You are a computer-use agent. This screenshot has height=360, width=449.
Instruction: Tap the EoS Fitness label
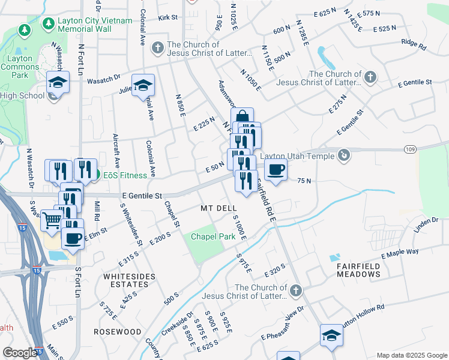(124, 175)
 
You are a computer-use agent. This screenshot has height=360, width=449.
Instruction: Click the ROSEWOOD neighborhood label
(117, 331)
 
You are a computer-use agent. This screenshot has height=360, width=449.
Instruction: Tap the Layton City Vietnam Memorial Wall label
(84, 24)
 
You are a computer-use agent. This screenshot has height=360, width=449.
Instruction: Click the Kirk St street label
(168, 17)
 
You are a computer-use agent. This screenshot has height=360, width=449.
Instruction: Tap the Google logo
(20, 353)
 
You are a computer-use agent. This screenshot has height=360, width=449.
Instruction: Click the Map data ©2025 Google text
(411, 355)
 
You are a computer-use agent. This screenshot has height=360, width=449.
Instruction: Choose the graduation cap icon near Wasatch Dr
(58, 83)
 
